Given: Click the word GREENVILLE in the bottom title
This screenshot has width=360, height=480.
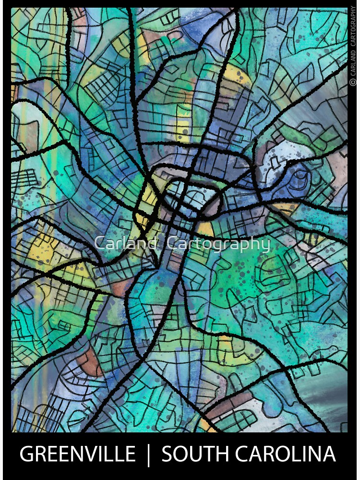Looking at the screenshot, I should (77, 454).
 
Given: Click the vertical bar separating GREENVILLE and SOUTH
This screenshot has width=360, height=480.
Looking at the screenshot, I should (148, 454).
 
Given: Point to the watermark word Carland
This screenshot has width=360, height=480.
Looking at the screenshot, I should (126, 243).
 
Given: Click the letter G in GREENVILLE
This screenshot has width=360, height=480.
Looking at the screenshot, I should (27, 454).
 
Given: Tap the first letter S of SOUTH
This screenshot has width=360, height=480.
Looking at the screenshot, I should (167, 454).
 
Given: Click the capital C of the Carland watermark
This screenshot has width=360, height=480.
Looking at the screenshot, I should (99, 243).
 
